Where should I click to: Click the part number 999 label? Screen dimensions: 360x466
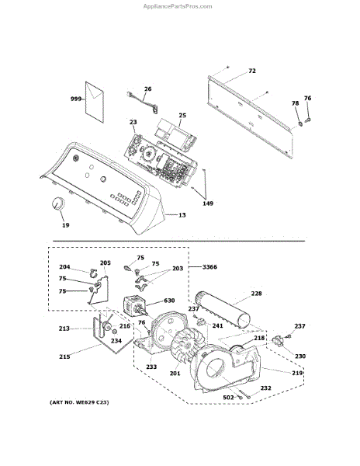(x=76, y=99)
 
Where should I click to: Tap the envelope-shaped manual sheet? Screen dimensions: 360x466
(x=95, y=103)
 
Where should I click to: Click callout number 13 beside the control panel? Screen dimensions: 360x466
(x=182, y=215)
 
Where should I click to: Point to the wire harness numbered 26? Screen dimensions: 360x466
(x=142, y=101)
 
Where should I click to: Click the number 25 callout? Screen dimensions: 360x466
(x=182, y=115)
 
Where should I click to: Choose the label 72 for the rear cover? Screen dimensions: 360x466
(x=251, y=71)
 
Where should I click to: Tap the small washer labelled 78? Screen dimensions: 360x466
(x=300, y=123)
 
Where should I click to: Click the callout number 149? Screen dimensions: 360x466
(x=208, y=203)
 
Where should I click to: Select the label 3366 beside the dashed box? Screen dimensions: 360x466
(x=209, y=267)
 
